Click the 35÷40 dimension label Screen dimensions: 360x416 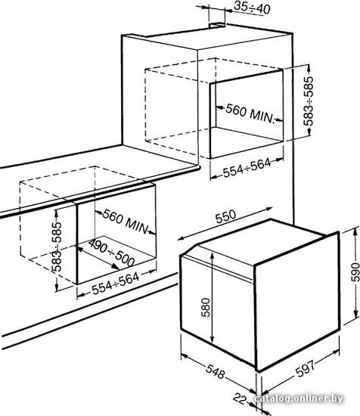252,8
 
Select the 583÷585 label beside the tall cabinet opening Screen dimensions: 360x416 309,101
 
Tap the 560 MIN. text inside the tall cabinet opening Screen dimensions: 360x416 250,114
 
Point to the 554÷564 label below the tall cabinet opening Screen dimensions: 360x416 247,168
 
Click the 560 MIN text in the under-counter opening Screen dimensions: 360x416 125,222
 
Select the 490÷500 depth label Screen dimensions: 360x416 111,253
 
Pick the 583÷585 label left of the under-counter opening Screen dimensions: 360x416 56,247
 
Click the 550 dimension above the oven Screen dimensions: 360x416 225,217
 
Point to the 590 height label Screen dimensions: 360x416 355,272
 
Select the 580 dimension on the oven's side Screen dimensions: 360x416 206,308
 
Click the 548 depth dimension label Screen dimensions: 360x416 216,371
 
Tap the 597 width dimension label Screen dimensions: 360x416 305,368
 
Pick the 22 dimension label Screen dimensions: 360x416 241,398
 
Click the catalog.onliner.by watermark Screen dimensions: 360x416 299,399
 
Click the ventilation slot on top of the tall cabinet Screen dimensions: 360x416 217,25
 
